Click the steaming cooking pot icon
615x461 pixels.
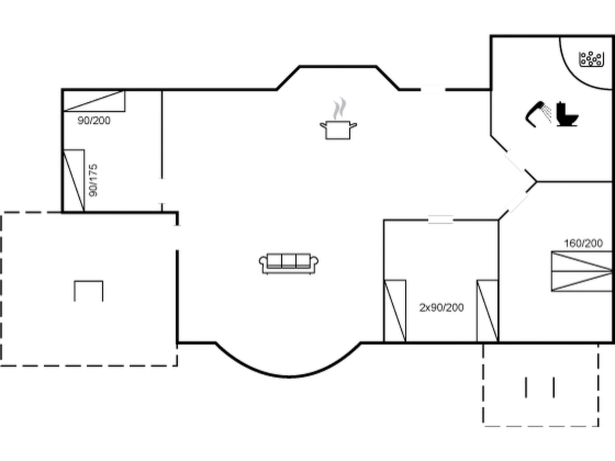coord(338,126)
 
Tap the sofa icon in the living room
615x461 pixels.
coord(289,263)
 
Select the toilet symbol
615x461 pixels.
coord(567,115)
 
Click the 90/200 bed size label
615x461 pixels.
coord(94,121)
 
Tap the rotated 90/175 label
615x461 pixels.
coord(93,180)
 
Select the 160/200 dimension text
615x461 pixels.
coord(583,243)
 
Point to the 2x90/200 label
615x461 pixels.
coord(441,308)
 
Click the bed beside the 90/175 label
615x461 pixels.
coord(74,181)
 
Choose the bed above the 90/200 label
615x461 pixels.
coord(94,101)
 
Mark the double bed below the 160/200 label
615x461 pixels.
coord(582,271)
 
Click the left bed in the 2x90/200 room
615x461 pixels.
coord(395,311)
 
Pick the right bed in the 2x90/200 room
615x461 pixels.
coord(488,311)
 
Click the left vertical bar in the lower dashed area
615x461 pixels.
coord(526,387)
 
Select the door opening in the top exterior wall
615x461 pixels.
coord(433,89)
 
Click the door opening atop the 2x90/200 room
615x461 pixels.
coord(440,220)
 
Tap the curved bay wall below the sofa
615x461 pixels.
coord(288,376)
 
